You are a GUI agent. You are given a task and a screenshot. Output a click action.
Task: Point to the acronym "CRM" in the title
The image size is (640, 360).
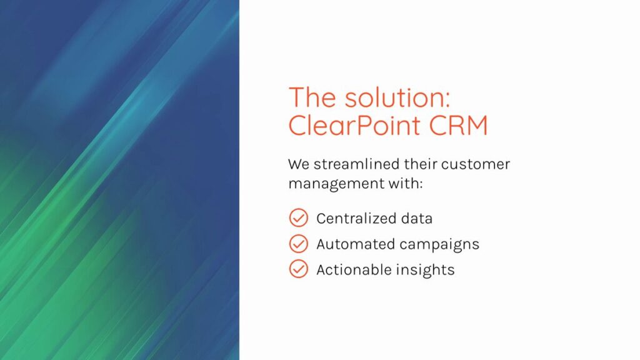pyautogui.click(x=458, y=125)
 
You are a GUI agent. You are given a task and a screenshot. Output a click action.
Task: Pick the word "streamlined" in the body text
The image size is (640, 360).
pyautogui.click(x=356, y=164)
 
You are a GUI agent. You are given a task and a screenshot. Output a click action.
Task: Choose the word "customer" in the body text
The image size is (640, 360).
pyautogui.click(x=476, y=164)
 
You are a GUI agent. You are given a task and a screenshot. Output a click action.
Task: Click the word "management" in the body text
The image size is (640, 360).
pyautogui.click(x=336, y=184)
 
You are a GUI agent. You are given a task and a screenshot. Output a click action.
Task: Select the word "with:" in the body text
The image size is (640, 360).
pyautogui.click(x=405, y=183)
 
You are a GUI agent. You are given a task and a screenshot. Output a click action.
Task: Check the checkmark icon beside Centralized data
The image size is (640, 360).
pyautogui.click(x=298, y=218)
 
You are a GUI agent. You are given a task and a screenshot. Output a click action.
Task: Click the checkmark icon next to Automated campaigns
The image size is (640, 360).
pyautogui.click(x=298, y=244)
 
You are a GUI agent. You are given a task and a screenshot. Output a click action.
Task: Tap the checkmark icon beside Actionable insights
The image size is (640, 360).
pyautogui.click(x=298, y=269)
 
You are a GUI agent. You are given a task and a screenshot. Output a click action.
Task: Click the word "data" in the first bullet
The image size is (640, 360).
pyautogui.click(x=416, y=219)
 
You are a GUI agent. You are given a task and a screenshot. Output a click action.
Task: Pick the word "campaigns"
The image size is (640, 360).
pyautogui.click(x=439, y=245)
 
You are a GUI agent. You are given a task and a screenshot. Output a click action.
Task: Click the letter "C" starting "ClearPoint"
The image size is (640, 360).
pyautogui.click(x=298, y=125)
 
